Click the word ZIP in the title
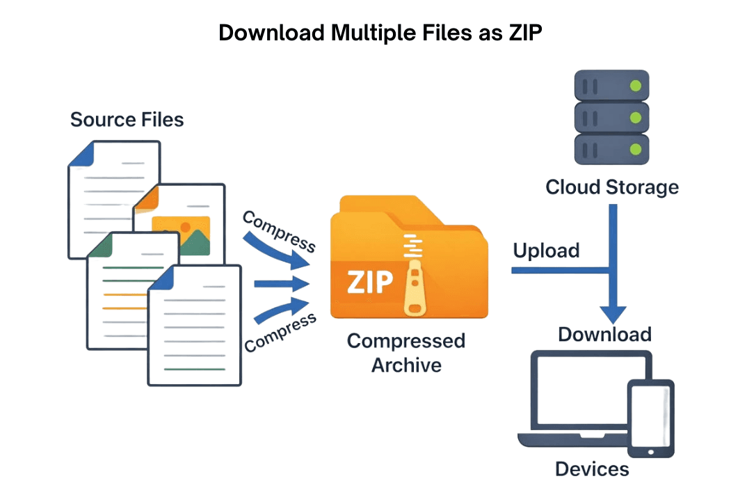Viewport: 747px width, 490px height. click(521, 33)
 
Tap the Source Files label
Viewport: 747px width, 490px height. click(127, 120)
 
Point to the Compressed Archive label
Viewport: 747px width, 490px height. click(406, 353)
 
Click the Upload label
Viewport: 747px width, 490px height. click(546, 251)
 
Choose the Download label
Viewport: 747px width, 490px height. click(604, 335)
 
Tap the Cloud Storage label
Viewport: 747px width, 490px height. click(612, 187)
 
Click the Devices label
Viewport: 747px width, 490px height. click(592, 468)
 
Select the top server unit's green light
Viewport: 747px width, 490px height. click(635, 86)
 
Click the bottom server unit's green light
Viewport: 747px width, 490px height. click(635, 148)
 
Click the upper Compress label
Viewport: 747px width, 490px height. click(279, 231)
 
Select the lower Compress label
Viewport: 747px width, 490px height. click(281, 332)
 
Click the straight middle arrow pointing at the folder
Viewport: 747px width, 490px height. click(281, 284)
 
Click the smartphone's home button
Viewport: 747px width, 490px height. click(651, 452)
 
